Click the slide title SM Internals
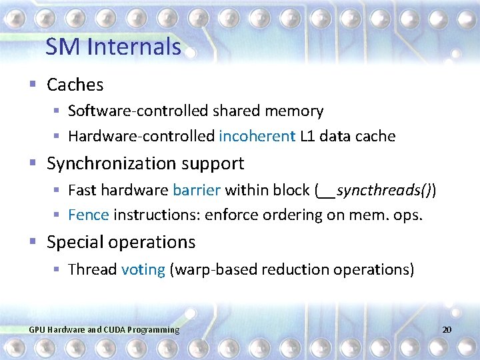pyautogui.click(x=113, y=47)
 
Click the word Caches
pyautogui.click(x=75, y=85)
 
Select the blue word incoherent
pyautogui.click(x=257, y=137)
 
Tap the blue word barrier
pyautogui.click(x=196, y=190)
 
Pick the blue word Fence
pyautogui.click(x=88, y=215)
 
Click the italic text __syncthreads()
pyautogui.click(x=375, y=191)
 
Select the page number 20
pyautogui.click(x=447, y=329)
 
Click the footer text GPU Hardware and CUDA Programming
pyautogui.click(x=104, y=329)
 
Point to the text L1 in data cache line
pyautogui.click(x=308, y=137)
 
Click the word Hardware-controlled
pyautogui.click(x=141, y=137)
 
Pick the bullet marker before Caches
pyautogui.click(x=33, y=85)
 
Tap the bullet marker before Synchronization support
pyautogui.click(x=33, y=163)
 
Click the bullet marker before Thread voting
pyautogui.click(x=57, y=269)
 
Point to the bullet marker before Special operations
pyautogui.click(x=33, y=242)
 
